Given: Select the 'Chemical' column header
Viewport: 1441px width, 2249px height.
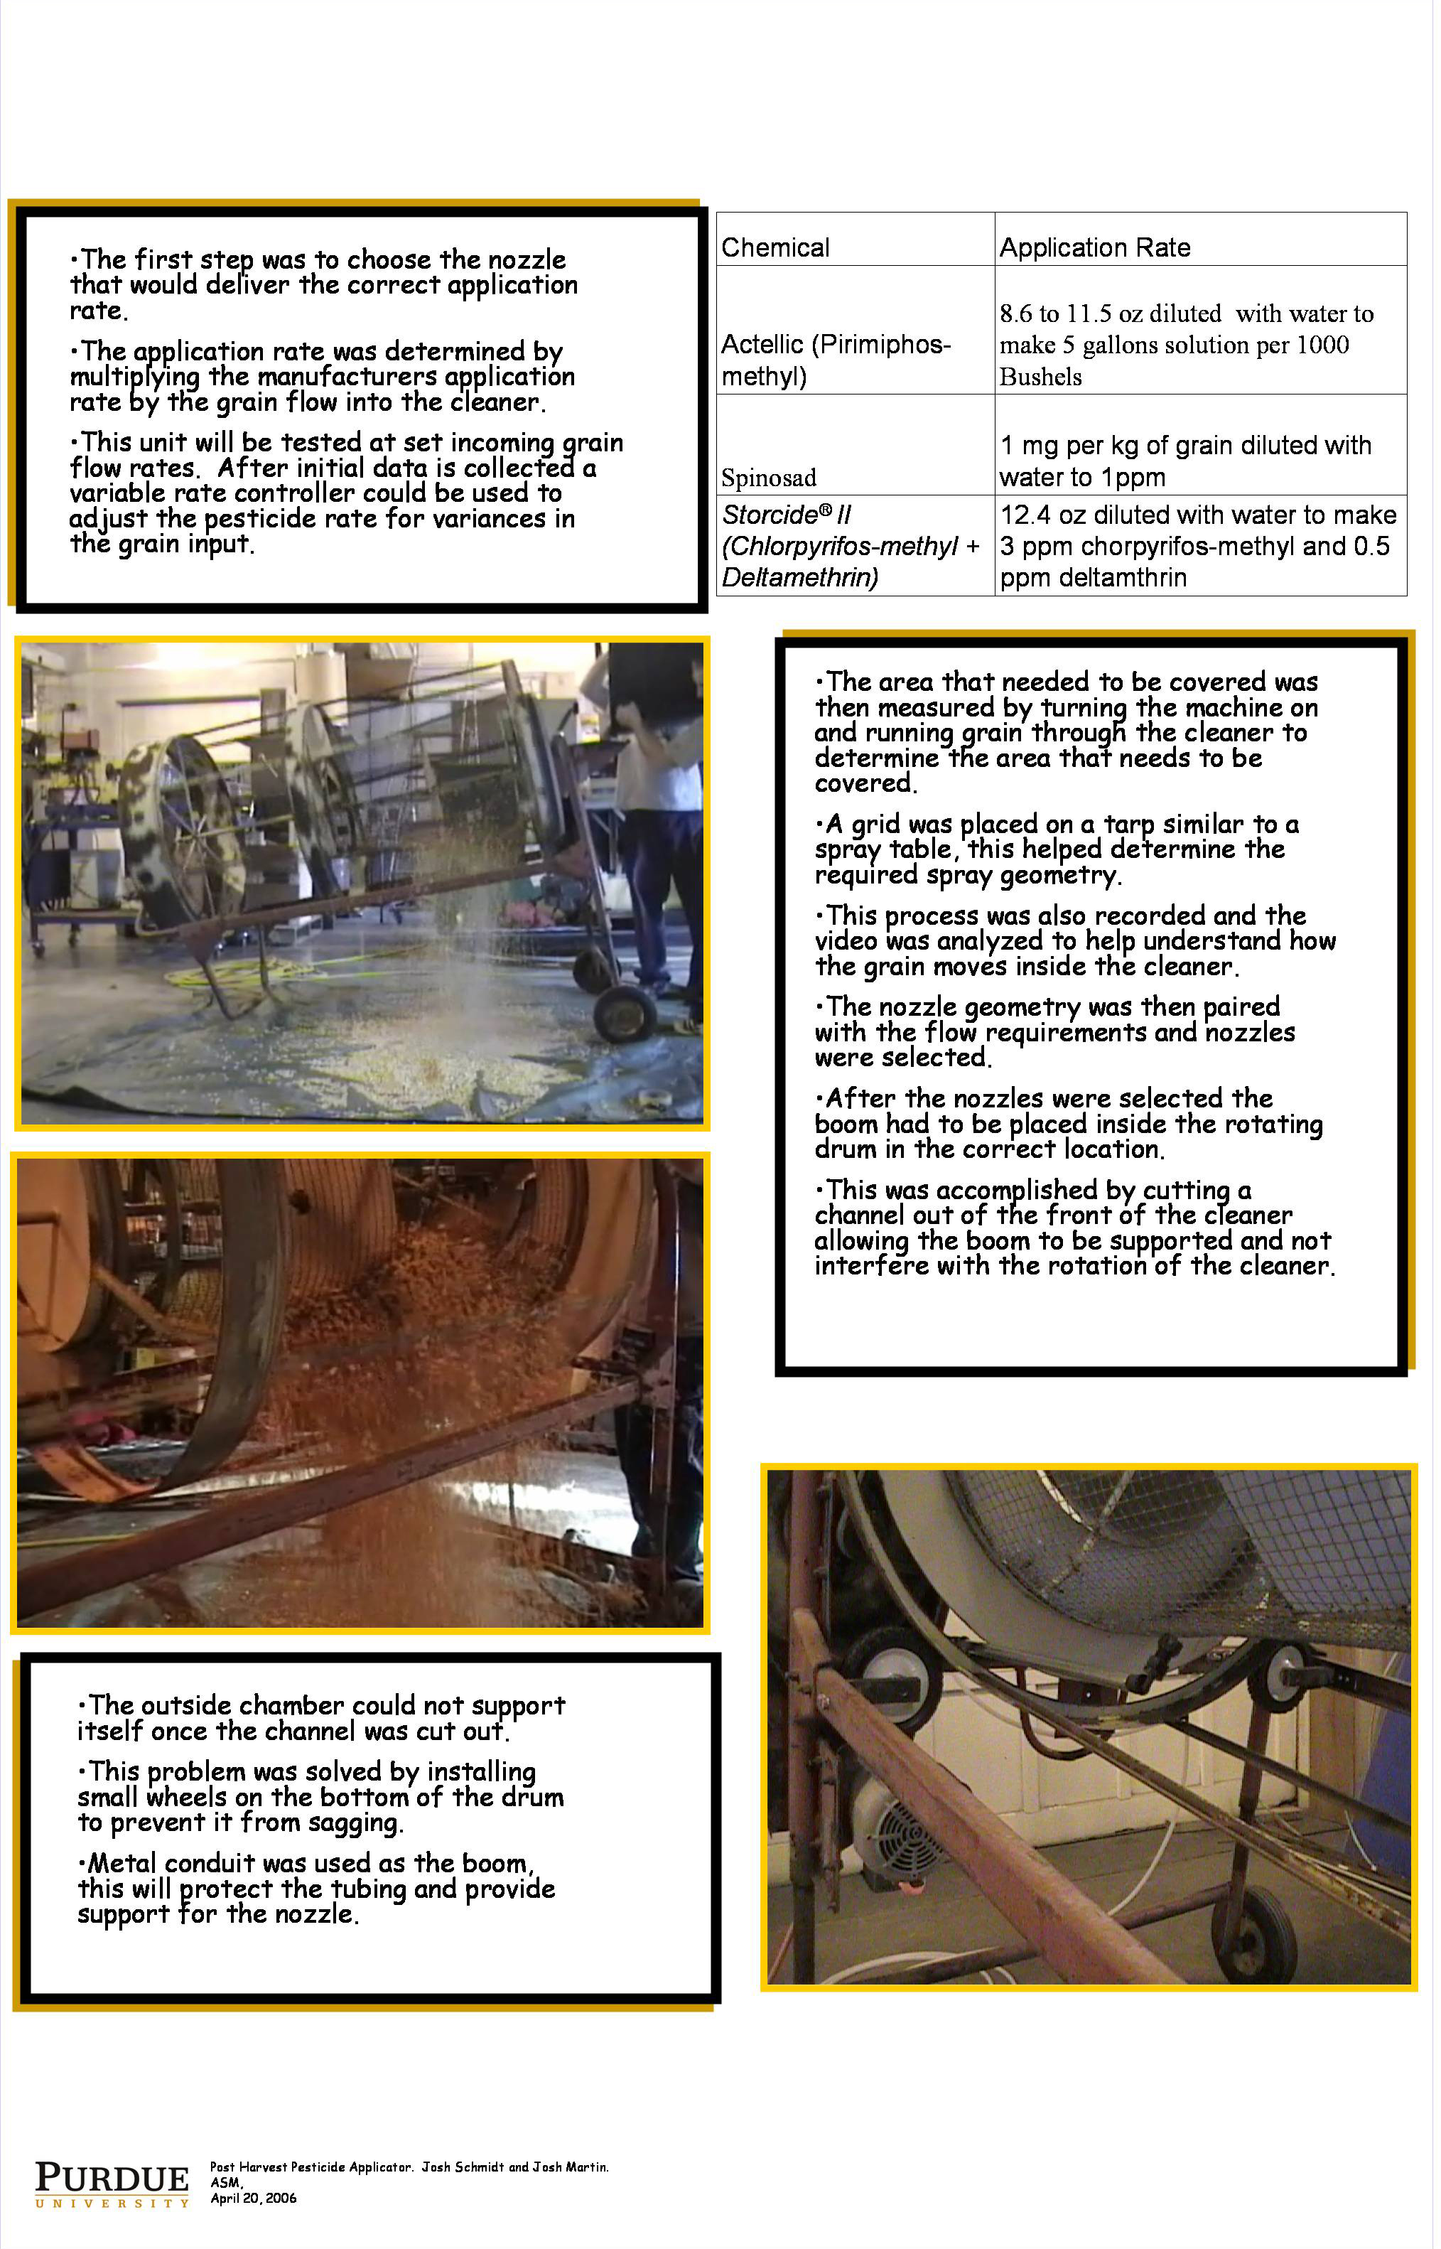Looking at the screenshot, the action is click(776, 247).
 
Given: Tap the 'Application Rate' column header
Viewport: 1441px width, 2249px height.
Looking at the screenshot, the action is click(1095, 247).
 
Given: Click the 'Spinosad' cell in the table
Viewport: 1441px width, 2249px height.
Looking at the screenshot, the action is click(768, 478).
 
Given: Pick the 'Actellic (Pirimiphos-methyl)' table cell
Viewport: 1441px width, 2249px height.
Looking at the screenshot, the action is click(836, 360).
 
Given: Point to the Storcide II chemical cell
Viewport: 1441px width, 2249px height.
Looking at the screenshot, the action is click(851, 546).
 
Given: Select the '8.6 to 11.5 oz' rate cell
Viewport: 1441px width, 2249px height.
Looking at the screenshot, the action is click(1187, 345).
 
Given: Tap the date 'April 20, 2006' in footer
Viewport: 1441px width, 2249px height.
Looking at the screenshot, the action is click(254, 2199).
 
